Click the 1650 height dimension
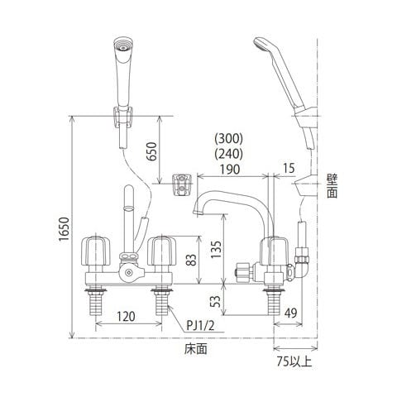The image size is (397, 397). [x=64, y=229]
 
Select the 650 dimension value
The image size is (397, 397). [x=151, y=151]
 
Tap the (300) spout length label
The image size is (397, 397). [x=229, y=139]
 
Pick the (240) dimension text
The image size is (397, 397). [x=229, y=154]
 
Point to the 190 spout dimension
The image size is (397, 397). [x=230, y=169]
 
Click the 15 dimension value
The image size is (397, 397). [x=289, y=168]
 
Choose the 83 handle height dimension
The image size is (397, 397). [x=191, y=260]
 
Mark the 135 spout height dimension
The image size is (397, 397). [x=216, y=249]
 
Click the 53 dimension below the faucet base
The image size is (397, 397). [x=216, y=301]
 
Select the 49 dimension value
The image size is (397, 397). [x=290, y=313]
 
